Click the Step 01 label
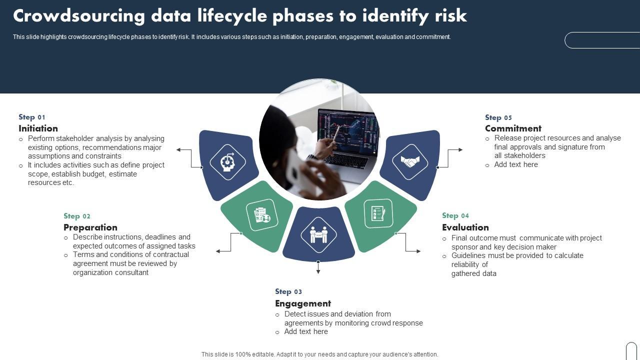click(x=32, y=117)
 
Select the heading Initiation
click(x=38, y=128)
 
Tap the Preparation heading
click(x=90, y=227)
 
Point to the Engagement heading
click(x=303, y=303)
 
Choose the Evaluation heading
click(x=465, y=227)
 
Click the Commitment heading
click(x=513, y=128)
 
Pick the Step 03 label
click(x=288, y=291)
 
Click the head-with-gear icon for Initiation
click(x=227, y=162)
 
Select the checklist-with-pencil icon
click(x=378, y=213)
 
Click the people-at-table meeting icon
click(x=318, y=234)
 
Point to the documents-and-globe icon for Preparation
click(x=262, y=215)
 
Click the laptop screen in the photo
click(x=348, y=132)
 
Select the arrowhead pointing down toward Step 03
click(x=318, y=271)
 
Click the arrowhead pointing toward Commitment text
click(x=460, y=149)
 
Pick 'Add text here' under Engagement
click(x=306, y=331)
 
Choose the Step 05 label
click(x=498, y=117)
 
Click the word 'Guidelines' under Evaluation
click(x=468, y=255)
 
